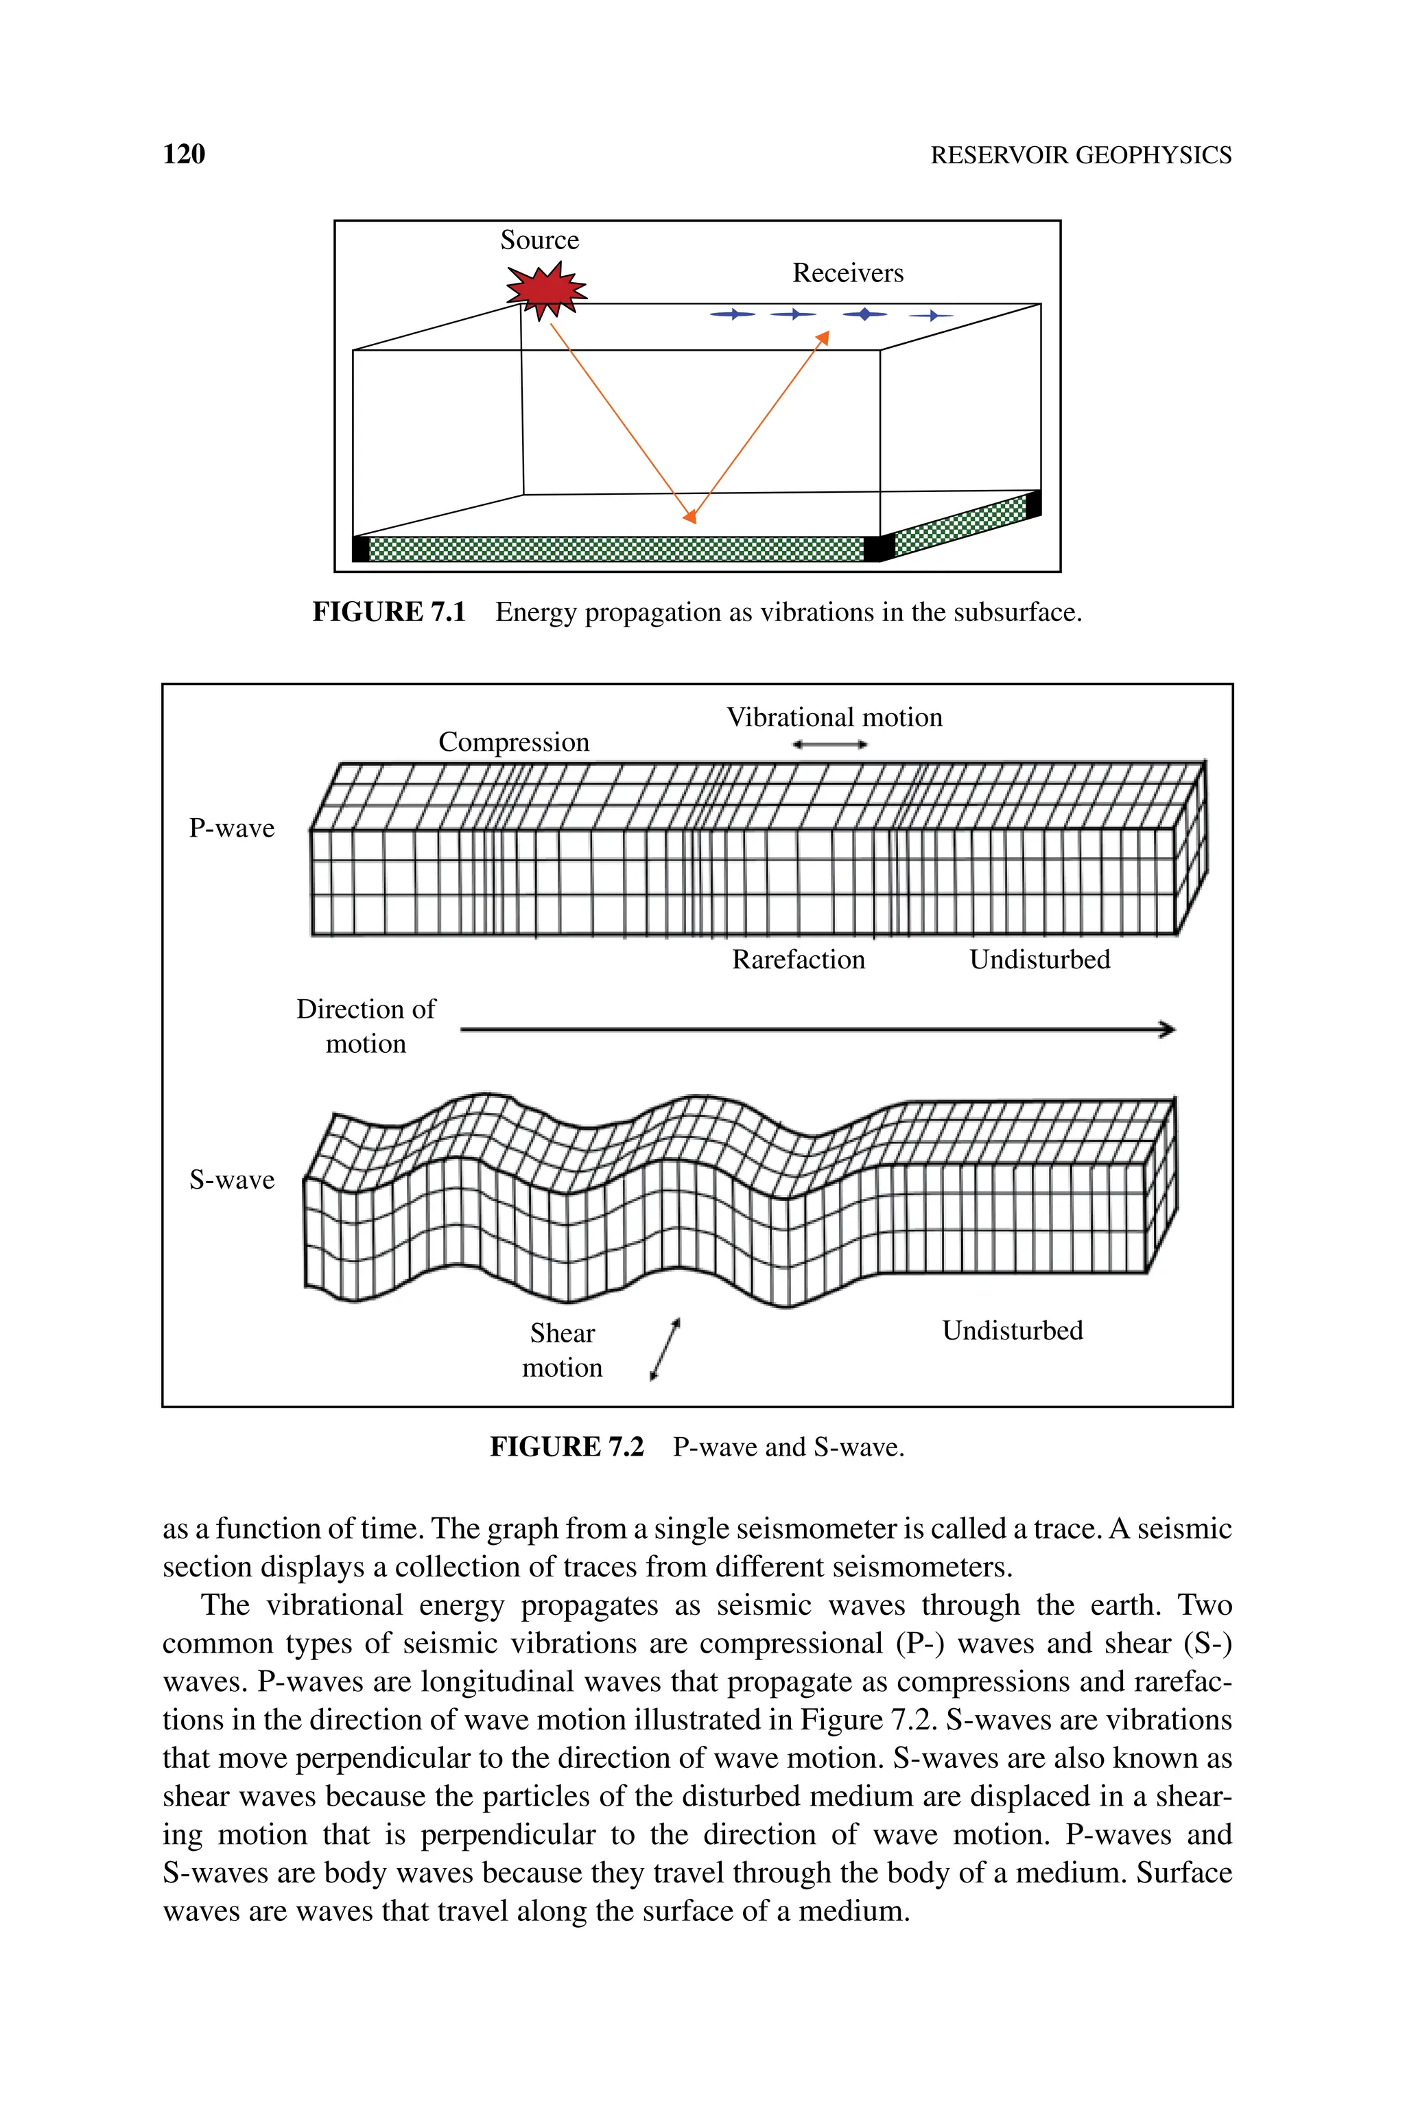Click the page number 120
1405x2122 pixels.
[x=184, y=154]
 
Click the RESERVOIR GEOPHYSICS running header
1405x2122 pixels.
[x=1081, y=155]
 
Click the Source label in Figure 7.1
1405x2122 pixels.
[x=539, y=240]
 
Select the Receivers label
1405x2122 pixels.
[x=848, y=273]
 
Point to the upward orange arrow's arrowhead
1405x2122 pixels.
[x=823, y=337]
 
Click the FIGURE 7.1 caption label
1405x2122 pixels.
[x=389, y=612]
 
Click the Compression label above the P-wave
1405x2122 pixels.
[x=513, y=742]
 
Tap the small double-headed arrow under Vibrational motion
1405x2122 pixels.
[x=829, y=744]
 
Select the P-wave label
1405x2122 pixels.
[x=231, y=828]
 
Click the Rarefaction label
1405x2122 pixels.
[x=799, y=959]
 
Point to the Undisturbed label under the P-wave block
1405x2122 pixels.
[x=1039, y=959]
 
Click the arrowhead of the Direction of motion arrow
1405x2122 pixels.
[x=1168, y=1029]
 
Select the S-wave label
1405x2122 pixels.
[x=231, y=1180]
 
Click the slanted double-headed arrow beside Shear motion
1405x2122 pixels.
[x=665, y=1349]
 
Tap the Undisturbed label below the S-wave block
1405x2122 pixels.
[x=1013, y=1331]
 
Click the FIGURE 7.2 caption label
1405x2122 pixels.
[x=566, y=1447]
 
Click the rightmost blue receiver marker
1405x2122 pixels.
[x=932, y=316]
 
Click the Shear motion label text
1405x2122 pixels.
[x=562, y=1351]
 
